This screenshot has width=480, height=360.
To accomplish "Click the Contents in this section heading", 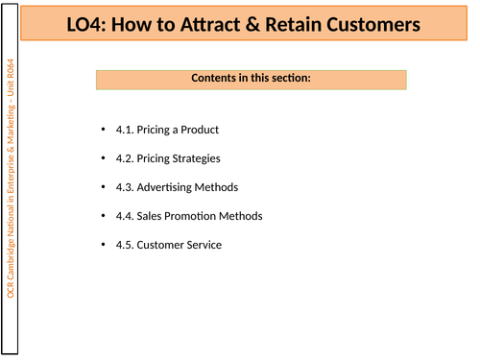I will point(251,78).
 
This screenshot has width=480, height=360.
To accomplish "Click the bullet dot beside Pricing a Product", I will point(103,130).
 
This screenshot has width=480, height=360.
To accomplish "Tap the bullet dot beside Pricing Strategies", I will point(103,158).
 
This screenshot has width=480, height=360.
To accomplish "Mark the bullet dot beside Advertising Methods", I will point(103,187).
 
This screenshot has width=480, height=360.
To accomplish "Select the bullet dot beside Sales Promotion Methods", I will point(103,216).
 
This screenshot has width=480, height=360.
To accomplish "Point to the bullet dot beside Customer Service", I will point(103,245).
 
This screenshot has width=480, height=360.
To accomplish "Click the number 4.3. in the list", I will point(124,187).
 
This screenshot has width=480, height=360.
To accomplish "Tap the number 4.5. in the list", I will point(124,245).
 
